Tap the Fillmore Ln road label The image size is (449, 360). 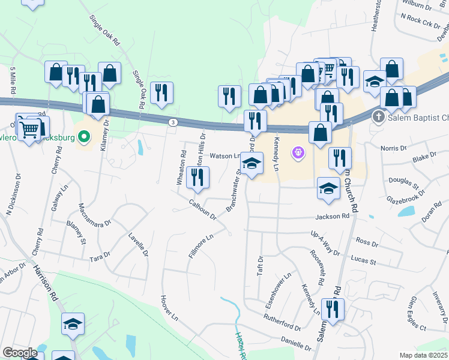200,246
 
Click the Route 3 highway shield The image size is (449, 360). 173,122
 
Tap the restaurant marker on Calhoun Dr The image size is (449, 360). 197,176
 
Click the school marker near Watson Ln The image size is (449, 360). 252,163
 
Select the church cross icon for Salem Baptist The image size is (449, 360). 378,116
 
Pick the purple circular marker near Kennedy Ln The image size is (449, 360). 298,154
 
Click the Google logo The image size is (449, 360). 20,353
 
